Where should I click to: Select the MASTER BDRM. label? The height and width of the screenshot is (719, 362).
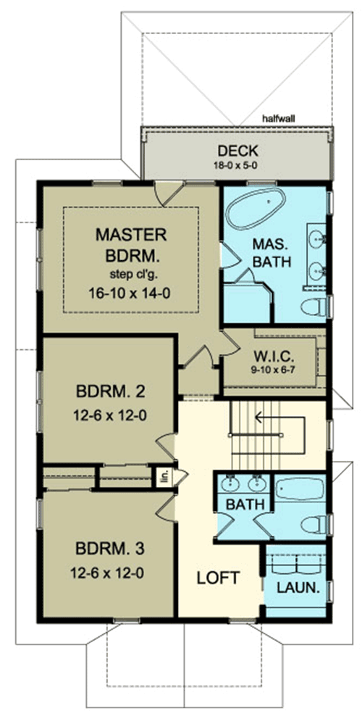131,246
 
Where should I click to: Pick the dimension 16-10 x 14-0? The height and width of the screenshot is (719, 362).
131,294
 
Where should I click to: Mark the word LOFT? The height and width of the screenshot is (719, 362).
219,578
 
